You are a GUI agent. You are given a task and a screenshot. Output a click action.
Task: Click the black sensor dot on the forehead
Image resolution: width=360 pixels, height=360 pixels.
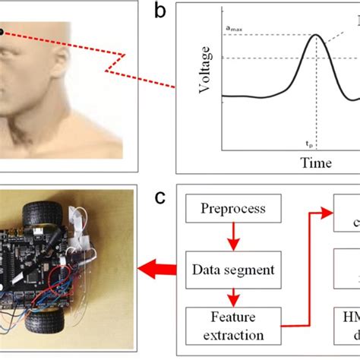coord(2,32)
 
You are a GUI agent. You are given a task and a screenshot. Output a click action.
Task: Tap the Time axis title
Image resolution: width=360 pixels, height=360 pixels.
coord(315,162)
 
